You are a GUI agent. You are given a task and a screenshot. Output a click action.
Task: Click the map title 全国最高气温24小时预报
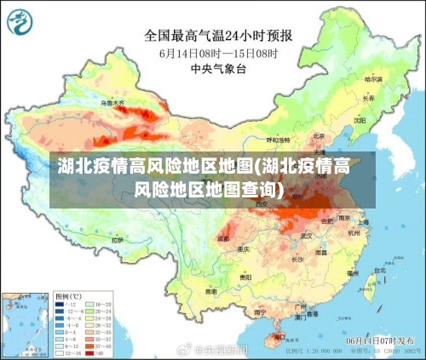point(219,36)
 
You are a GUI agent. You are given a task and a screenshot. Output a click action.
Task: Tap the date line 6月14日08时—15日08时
point(218,54)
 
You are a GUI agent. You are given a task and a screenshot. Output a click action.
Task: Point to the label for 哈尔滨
point(374,79)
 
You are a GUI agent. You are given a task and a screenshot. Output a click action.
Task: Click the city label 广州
point(300,304)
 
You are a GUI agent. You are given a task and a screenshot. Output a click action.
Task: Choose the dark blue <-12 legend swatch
point(59,304)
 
